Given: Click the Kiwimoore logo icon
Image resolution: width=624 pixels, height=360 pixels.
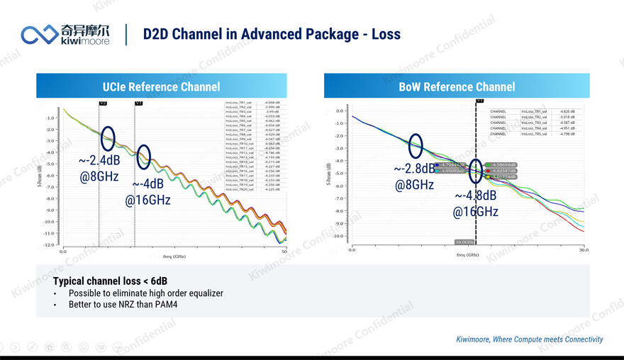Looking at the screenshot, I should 40,34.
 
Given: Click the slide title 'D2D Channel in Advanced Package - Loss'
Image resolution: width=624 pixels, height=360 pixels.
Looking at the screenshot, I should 272,34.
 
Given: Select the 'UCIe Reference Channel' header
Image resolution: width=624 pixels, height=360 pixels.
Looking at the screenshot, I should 161,86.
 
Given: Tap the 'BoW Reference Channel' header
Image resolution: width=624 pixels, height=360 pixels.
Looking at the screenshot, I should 457,86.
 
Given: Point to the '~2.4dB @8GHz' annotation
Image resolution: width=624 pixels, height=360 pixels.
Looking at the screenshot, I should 99,169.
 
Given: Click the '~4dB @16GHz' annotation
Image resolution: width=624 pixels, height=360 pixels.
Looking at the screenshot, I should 148,192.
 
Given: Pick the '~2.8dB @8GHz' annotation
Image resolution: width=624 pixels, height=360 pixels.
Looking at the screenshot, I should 414,176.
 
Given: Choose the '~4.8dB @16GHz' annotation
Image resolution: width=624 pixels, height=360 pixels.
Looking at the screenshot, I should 476,203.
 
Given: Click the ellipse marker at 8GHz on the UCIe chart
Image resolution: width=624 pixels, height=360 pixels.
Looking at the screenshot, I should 108,139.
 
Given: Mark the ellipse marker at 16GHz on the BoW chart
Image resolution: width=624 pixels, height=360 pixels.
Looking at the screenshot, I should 476,171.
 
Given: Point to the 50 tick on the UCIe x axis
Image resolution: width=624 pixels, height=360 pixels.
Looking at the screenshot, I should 284,251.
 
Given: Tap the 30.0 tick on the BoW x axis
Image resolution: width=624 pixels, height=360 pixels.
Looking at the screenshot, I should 584,249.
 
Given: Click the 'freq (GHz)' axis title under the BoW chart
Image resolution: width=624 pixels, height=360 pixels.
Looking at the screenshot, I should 468,255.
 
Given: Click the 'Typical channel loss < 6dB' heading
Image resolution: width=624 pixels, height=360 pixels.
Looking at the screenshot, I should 110,281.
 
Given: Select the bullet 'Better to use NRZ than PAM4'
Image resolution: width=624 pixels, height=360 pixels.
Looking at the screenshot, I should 123,305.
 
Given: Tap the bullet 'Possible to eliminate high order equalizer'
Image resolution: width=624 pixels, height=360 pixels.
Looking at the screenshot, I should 145,293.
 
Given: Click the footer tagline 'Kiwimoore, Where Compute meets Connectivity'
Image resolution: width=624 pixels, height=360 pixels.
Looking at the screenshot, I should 529,339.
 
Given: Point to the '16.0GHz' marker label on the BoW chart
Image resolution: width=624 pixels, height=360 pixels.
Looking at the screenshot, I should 464,242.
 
